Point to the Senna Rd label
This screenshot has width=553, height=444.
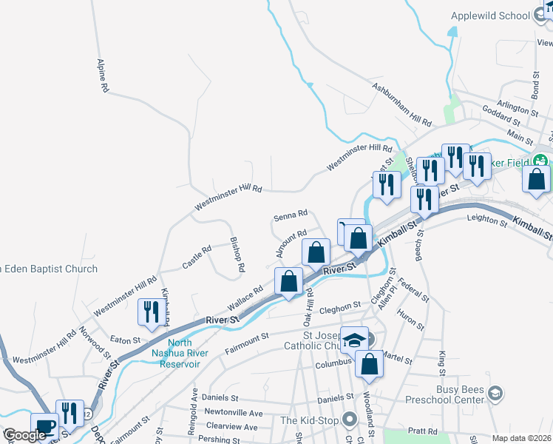coord(290,216)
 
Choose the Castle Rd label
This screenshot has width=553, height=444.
coord(197,258)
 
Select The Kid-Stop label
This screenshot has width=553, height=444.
coord(309,420)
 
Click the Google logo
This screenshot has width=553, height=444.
coord(25,435)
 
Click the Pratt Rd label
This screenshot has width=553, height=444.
coord(421,431)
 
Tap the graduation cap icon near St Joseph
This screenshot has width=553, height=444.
coord(354,340)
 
